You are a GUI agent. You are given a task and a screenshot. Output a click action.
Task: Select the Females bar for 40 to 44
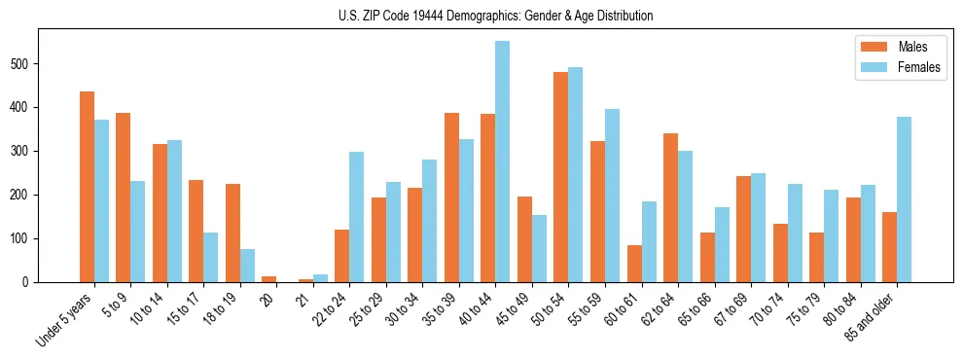[x=503, y=162]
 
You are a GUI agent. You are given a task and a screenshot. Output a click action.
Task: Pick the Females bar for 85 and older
[x=905, y=199]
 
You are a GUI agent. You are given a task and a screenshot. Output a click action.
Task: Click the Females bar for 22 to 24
[x=357, y=217]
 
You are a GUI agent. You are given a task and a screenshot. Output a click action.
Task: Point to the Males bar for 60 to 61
[x=634, y=264]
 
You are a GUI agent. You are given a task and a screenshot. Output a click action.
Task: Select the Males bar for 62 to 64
[x=670, y=207]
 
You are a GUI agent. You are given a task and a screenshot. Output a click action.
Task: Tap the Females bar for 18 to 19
[x=248, y=266]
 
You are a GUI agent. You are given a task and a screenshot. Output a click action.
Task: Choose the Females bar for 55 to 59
[x=613, y=196]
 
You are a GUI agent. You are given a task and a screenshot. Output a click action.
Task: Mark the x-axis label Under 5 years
[x=65, y=318]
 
